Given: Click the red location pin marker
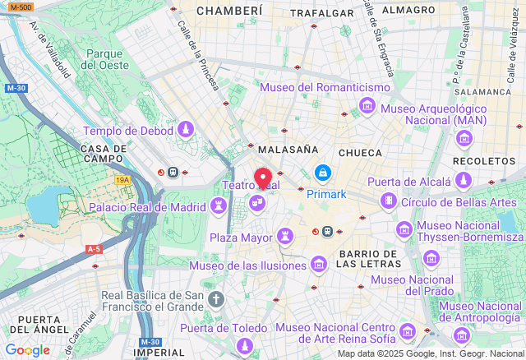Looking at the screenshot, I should (x=263, y=178).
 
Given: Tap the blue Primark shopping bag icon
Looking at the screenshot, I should (x=323, y=174).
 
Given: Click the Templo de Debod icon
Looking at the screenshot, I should (x=187, y=130).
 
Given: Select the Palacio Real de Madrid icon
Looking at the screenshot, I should (x=219, y=206).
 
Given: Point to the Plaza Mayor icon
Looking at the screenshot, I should (x=285, y=238).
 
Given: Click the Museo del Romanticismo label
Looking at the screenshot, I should (x=325, y=87).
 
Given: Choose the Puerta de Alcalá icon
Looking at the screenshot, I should (x=464, y=181).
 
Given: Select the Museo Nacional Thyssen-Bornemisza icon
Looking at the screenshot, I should (x=404, y=231).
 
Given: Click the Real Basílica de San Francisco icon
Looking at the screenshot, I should (x=215, y=299).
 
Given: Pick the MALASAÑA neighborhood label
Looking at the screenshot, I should (x=288, y=150).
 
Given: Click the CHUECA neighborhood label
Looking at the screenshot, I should (x=361, y=153).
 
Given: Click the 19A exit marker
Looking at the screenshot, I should (x=122, y=179).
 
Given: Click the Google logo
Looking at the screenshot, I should (x=27, y=350).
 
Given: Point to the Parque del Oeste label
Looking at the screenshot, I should (x=104, y=59).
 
